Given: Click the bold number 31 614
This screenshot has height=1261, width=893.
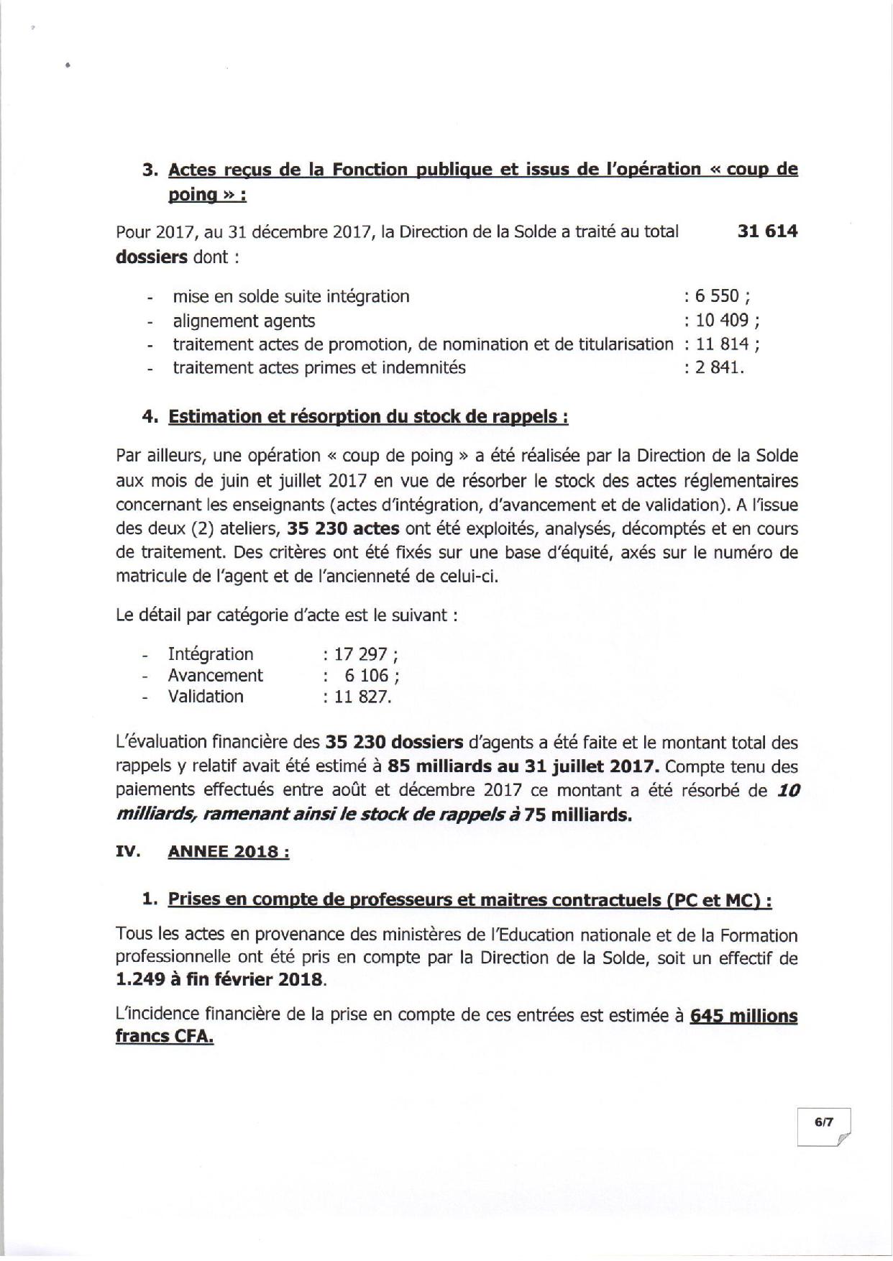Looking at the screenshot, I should click(767, 232).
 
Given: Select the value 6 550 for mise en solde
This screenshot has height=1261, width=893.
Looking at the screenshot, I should click(718, 296).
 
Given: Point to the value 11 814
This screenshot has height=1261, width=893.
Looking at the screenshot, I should click(723, 344).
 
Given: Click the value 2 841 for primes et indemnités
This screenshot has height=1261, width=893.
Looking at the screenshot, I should click(717, 368).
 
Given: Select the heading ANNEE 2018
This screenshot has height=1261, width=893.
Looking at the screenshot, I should click(228, 851).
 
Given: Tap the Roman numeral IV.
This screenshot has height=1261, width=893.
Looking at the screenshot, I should click(127, 851).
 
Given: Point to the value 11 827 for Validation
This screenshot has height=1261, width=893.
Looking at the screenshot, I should click(362, 697).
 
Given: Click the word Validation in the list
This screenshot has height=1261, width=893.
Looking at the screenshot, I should click(206, 697).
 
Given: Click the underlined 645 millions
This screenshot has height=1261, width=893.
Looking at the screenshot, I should click(743, 1017).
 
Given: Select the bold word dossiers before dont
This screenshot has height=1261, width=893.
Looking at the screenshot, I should click(151, 257).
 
